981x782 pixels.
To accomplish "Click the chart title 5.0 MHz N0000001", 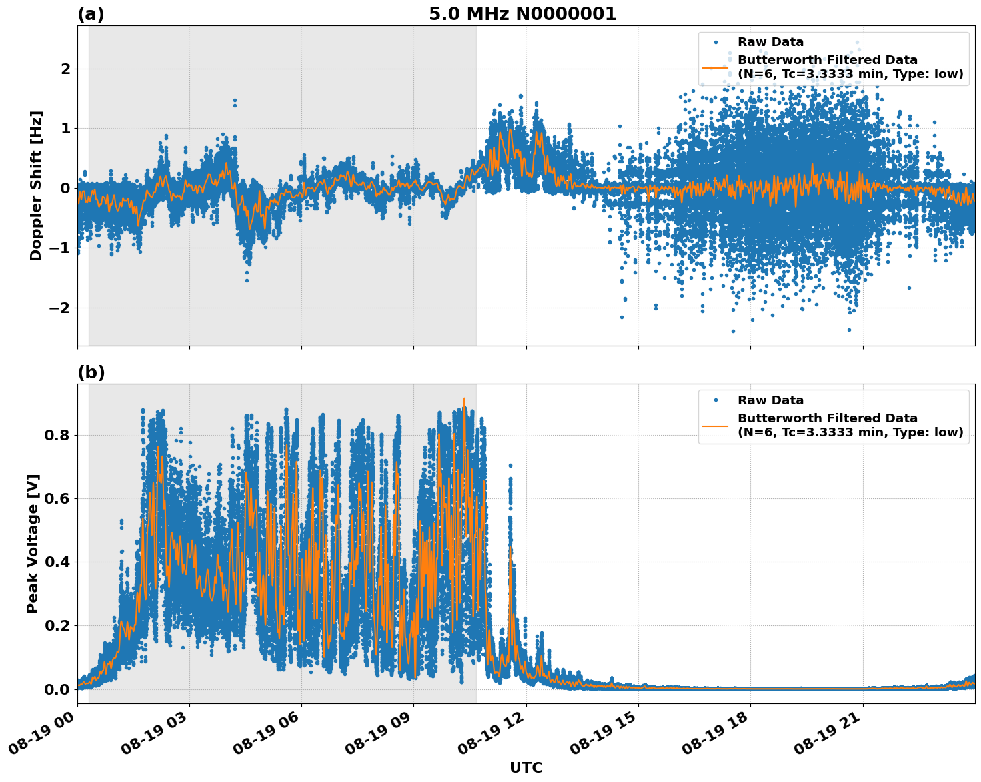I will point(522,14).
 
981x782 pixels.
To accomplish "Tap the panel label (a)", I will point(91,14).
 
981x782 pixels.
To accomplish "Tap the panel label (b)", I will point(91,372).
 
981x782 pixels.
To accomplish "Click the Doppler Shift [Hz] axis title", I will point(36,185).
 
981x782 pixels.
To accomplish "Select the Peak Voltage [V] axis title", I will point(33,543).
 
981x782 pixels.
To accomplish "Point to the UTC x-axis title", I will point(526,767).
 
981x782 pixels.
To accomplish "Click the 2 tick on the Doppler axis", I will point(65,69).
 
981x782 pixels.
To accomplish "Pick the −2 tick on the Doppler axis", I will point(59,308).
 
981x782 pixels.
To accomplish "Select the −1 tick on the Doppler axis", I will point(59,248).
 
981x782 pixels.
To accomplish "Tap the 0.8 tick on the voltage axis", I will point(57,435).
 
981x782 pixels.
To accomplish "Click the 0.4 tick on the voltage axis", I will point(57,562).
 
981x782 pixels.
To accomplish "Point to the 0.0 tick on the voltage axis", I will point(57,689).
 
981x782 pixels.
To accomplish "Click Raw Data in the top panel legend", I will point(770,42).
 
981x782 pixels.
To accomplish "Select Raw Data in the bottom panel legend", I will point(770,400).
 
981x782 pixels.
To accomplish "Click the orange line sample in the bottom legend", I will point(716,425).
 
